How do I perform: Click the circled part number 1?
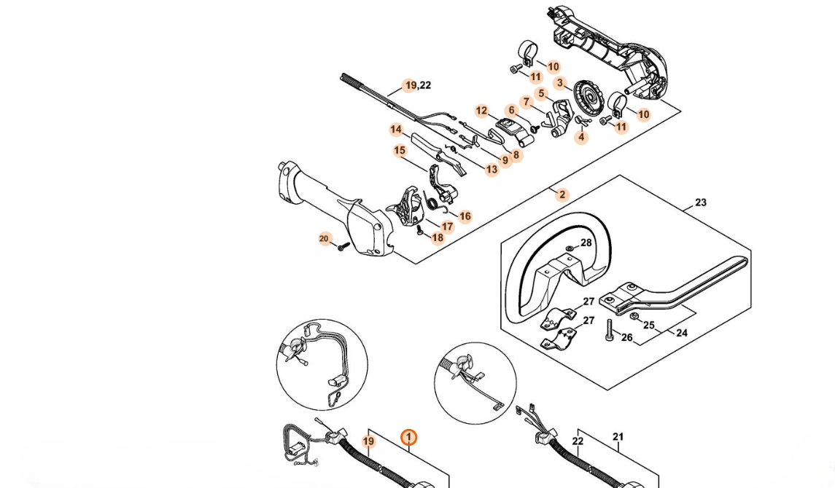tap(409, 437)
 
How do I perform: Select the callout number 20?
tap(325, 239)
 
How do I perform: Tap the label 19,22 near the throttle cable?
tap(418, 85)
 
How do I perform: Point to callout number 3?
tap(560, 83)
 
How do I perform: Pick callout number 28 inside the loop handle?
tap(586, 243)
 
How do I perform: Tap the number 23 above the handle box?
tap(701, 202)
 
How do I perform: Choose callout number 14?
tap(396, 130)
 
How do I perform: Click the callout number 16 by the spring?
tap(465, 216)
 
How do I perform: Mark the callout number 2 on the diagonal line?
tap(562, 194)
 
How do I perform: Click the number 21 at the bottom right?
tap(618, 437)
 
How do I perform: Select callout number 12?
tap(481, 111)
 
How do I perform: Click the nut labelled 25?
tap(634, 316)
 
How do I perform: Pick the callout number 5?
tap(541, 93)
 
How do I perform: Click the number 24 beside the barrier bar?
tap(682, 333)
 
